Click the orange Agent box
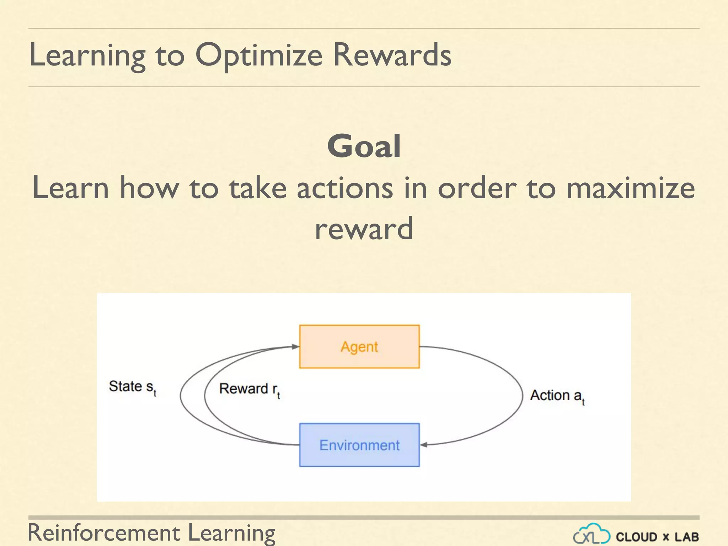pyautogui.click(x=359, y=346)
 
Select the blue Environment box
pyautogui.click(x=359, y=445)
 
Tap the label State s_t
pyautogui.click(x=132, y=387)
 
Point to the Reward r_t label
pyautogui.click(x=249, y=389)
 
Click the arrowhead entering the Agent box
pyautogui.click(x=295, y=346)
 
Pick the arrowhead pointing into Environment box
pyautogui.click(x=424, y=445)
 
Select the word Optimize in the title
pyautogui.click(x=259, y=55)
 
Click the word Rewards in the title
pyautogui.click(x=392, y=55)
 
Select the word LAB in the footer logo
pyautogui.click(x=686, y=537)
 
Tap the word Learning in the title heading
pyautogui.click(x=87, y=55)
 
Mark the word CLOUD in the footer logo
pyautogui.click(x=636, y=537)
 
